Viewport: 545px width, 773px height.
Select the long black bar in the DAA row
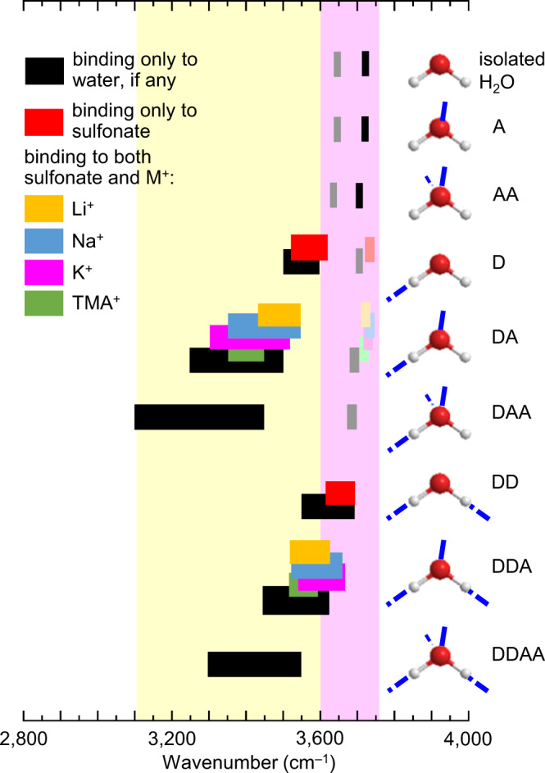tap(199, 416)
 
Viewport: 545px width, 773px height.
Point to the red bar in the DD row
tap(340, 493)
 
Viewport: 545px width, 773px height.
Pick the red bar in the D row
tap(310, 247)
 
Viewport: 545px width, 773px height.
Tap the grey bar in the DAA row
tap(352, 416)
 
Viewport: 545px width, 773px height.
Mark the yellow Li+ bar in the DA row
tap(279, 315)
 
